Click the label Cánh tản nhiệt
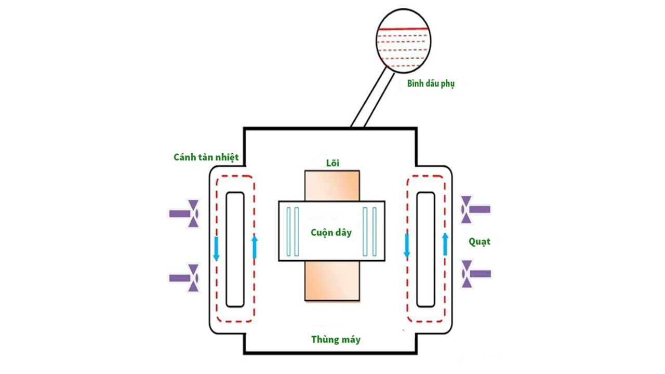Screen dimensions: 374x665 point(207,156)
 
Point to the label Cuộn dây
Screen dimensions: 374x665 point(331,232)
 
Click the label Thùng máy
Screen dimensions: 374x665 point(336,340)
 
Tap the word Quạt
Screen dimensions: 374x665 point(479,242)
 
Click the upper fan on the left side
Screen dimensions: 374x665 point(185,213)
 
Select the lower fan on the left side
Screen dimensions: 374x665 point(185,278)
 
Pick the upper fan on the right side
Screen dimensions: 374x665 point(475,209)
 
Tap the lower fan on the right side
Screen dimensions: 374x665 point(475,274)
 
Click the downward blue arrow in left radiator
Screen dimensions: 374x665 point(216,249)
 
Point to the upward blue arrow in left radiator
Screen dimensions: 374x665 point(254,247)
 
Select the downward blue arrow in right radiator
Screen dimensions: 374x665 point(407,245)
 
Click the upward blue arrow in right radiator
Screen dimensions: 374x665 point(445,244)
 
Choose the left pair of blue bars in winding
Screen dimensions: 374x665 point(293,232)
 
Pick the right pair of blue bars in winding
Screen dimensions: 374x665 point(369,232)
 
